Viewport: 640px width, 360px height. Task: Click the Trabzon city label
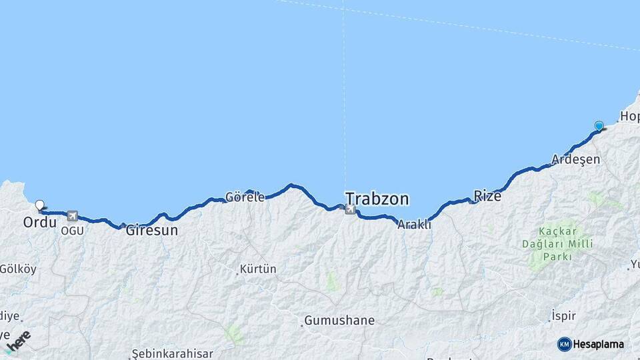[x=377, y=199]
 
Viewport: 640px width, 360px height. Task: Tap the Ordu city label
[x=39, y=222]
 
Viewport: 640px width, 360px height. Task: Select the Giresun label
[x=152, y=231]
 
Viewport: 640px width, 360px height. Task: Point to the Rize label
[x=487, y=195]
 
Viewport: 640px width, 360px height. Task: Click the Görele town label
[x=245, y=197]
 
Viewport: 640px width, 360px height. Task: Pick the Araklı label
[x=414, y=225]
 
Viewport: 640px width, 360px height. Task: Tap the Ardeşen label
[x=576, y=160]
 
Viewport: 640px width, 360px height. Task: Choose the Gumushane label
[x=339, y=321]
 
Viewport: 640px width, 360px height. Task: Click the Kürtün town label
[x=258, y=269]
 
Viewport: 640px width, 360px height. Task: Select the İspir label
[x=563, y=316]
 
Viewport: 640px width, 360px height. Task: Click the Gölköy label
[x=18, y=269]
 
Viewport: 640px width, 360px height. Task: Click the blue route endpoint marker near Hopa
[x=599, y=125]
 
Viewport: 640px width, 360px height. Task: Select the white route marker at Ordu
[x=39, y=205]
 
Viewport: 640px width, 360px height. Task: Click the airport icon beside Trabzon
[x=350, y=209]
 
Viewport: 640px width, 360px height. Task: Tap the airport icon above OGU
[x=72, y=216]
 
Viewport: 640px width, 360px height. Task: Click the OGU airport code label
[x=72, y=231]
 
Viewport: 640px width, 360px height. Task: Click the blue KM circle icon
[x=564, y=344]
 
